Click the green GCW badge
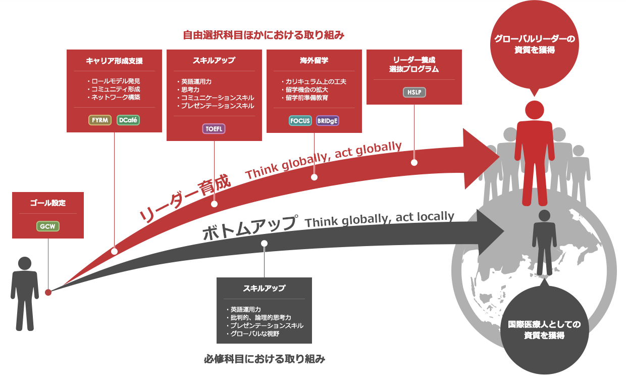click(48, 226)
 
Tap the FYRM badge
click(100, 120)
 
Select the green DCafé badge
click(128, 120)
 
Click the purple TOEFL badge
click(214, 129)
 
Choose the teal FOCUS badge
click(300, 121)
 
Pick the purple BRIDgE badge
click(328, 121)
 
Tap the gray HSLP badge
click(414, 92)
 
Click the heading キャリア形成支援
click(114, 61)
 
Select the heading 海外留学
click(314, 61)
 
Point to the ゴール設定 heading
click(48, 203)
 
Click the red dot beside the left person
click(48, 292)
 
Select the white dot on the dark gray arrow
click(264, 244)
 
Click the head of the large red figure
click(534, 110)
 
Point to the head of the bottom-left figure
click(25, 263)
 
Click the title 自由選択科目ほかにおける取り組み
click(264, 35)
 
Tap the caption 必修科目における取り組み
click(265, 359)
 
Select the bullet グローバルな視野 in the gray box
click(253, 334)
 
